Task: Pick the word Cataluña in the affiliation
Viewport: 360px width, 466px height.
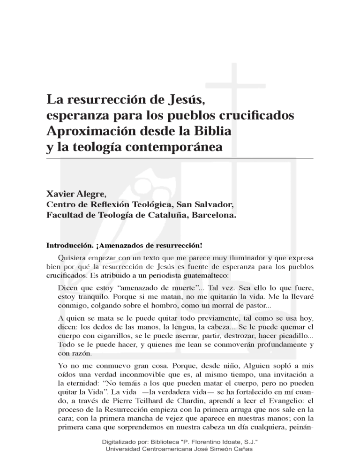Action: (159, 216)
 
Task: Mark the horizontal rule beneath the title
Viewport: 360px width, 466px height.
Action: (180, 158)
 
